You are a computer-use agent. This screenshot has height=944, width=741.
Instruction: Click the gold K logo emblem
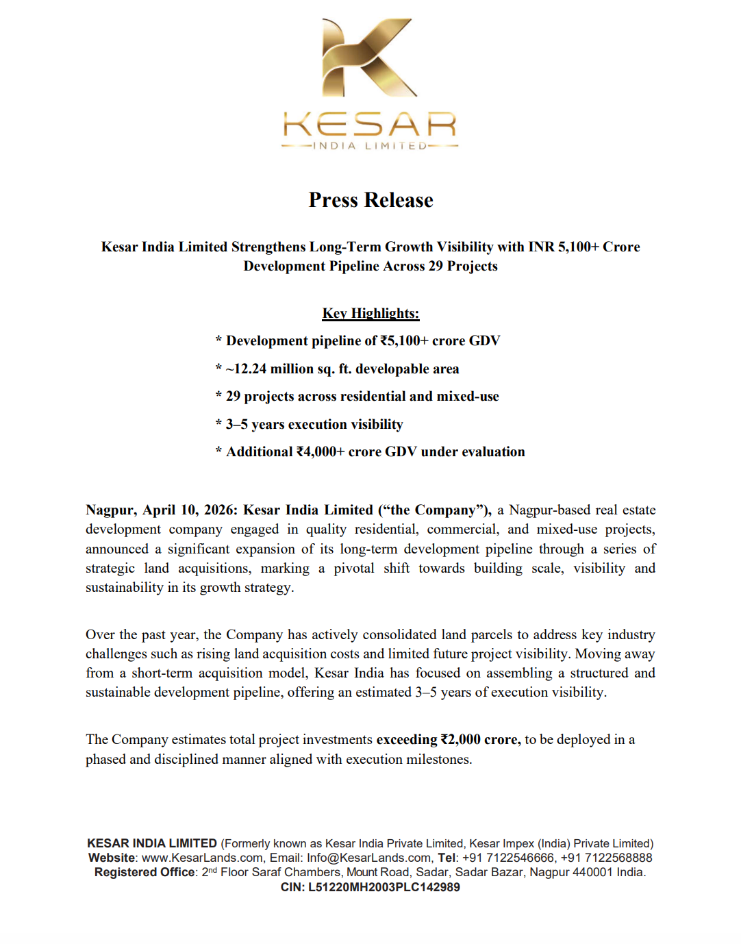pos(368,58)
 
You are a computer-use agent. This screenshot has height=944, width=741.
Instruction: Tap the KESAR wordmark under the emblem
pos(370,125)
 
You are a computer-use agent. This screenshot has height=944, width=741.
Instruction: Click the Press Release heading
pos(370,200)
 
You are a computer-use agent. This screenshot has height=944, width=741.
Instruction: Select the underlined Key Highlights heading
pos(370,313)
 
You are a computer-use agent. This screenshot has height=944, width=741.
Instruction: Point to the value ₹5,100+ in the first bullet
pos(404,341)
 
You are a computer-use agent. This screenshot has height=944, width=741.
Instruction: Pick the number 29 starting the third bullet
pos(233,397)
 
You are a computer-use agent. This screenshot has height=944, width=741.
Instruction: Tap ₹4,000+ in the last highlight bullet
pos(320,452)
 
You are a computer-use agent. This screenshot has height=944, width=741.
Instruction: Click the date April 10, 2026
pos(188,510)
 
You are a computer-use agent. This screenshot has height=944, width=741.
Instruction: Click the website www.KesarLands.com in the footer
pos(202,858)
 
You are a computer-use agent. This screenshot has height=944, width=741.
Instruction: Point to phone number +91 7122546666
pos(508,858)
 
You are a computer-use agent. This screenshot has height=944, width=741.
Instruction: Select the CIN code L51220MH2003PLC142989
pos(384,887)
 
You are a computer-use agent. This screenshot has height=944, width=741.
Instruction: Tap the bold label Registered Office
pos(145,872)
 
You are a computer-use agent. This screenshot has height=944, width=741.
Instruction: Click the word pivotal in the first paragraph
pos(353,568)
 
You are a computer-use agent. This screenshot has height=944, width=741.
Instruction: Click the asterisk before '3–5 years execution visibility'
pos(218,425)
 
